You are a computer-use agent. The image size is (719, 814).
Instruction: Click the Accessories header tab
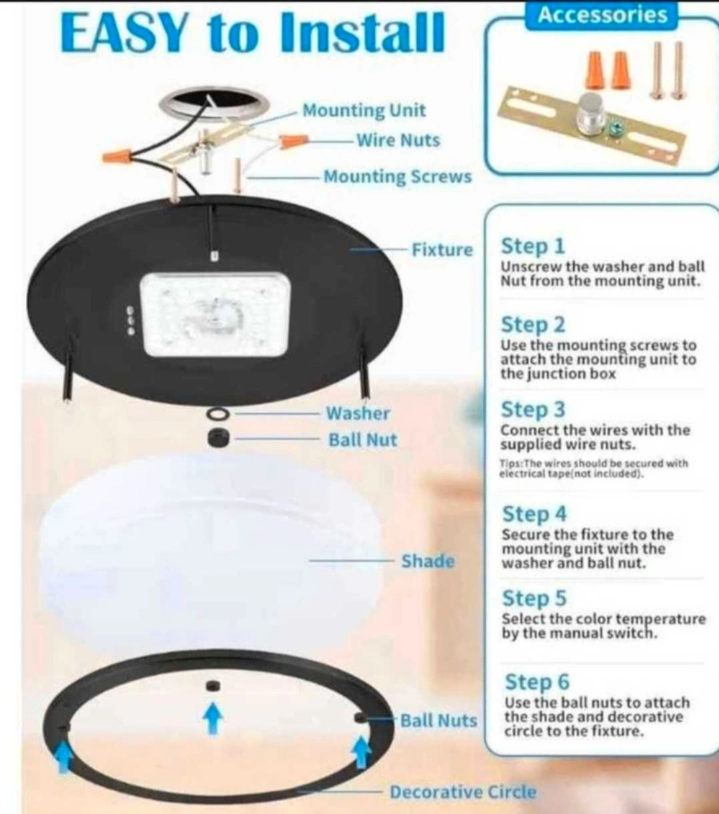(602, 15)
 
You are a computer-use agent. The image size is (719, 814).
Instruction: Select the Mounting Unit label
(364, 110)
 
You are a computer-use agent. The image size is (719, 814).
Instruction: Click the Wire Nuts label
(398, 140)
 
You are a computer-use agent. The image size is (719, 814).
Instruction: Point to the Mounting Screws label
(398, 177)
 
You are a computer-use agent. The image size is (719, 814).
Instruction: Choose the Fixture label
(442, 250)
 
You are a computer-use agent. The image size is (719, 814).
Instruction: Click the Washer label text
(358, 413)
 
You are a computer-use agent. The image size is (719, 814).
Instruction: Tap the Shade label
(428, 561)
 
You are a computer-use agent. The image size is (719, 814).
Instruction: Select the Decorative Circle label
(463, 792)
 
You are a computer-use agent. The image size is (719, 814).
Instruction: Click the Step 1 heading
(533, 246)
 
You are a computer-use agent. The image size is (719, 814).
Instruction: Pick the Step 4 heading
(534, 514)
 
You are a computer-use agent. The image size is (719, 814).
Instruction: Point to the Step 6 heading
(537, 682)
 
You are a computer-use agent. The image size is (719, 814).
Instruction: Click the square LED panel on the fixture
(215, 315)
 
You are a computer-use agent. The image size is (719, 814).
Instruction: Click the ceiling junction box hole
(213, 103)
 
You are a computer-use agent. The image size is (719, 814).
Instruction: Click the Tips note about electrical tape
(594, 469)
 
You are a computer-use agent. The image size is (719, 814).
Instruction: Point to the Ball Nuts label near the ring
(438, 721)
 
